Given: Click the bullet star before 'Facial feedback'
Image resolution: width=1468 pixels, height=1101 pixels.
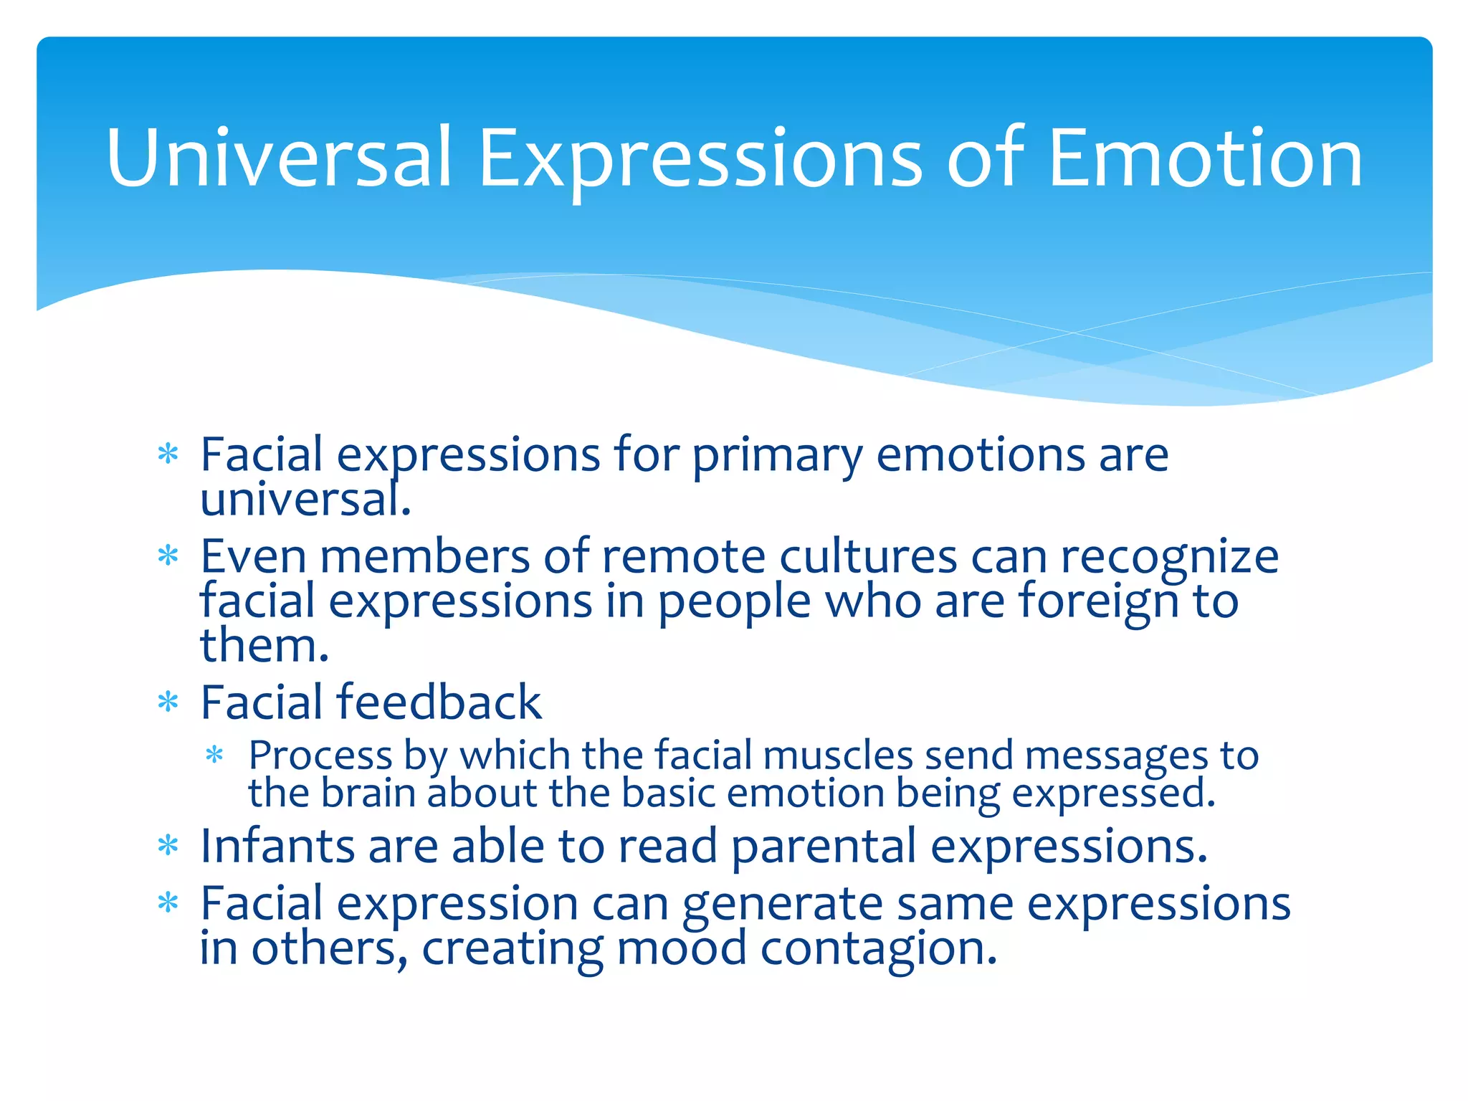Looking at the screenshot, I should (168, 702).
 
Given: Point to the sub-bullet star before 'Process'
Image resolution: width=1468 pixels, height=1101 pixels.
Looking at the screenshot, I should (214, 756).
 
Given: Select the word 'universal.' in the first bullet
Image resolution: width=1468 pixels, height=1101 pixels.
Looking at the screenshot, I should (305, 500).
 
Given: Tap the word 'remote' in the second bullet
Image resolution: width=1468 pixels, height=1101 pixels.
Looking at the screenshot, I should (684, 556).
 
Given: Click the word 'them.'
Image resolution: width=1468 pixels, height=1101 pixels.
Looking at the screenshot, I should (264, 645).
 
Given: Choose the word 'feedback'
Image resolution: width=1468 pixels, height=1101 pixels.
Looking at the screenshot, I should (439, 702).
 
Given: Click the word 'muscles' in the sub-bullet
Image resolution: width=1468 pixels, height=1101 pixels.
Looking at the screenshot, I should (837, 756).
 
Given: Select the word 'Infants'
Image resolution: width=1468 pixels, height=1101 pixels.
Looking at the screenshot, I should (277, 846).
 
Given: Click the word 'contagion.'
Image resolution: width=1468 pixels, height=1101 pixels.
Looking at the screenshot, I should (878, 950).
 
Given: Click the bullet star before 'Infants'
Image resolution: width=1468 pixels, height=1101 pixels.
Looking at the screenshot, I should (168, 847).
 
